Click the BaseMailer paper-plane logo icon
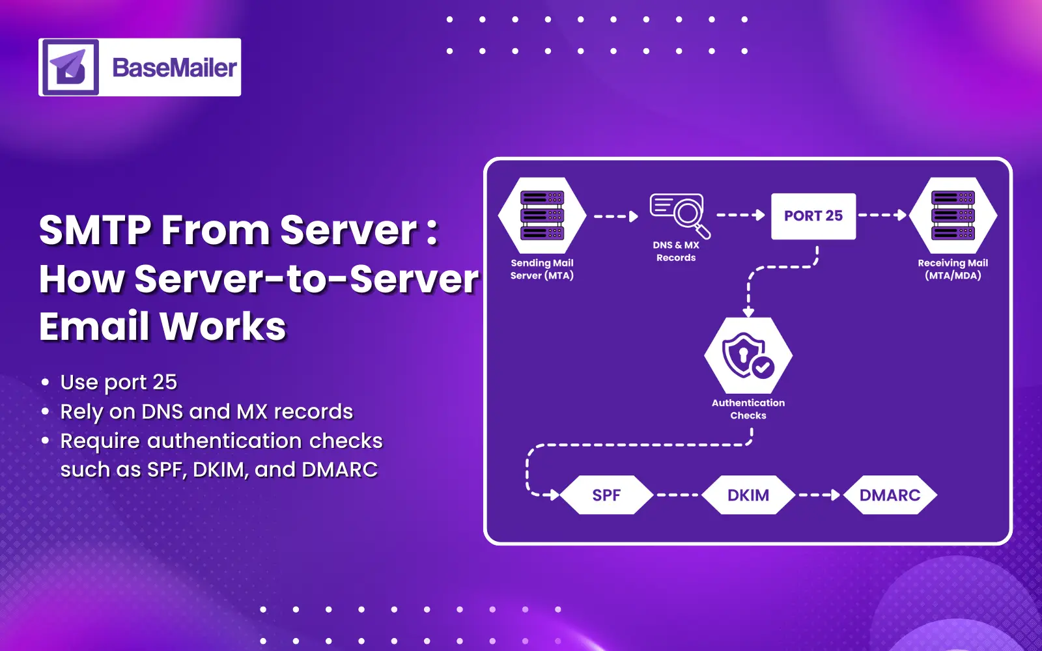tap(70, 67)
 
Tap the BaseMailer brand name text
tap(175, 68)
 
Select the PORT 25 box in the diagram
tap(813, 216)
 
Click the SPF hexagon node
tap(606, 495)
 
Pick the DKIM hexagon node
tap(748, 495)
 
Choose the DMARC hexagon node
tap(890, 495)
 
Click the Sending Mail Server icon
tap(542, 215)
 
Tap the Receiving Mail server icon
tap(953, 215)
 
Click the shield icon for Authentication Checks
tap(748, 356)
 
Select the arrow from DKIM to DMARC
tap(819, 495)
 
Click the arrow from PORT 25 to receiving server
tap(882, 215)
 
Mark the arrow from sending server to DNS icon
tap(616, 216)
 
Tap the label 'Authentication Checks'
tap(748, 409)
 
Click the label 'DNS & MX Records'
tap(676, 251)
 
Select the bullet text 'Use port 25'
tap(119, 382)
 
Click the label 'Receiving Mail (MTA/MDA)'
tap(953, 269)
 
